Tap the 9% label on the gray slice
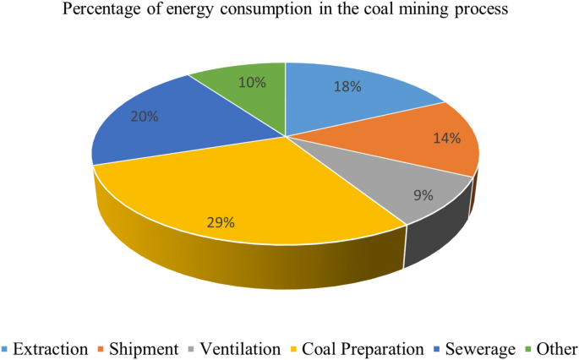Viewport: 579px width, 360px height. [x=423, y=194]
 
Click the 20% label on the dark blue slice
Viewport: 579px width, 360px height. [x=144, y=117]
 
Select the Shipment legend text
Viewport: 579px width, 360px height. [x=145, y=348]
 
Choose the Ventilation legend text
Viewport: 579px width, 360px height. [x=240, y=348]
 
